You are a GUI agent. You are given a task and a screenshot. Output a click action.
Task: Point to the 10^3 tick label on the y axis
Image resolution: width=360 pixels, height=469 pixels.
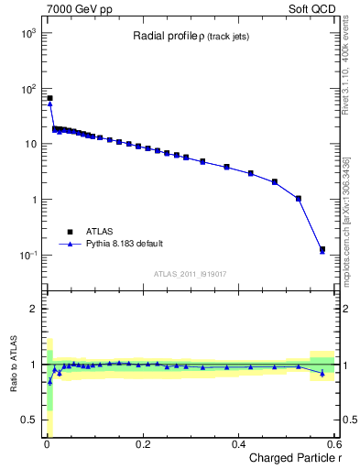coord(28,33)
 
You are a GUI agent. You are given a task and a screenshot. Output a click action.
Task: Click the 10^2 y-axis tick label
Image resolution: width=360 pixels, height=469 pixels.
coord(28,89)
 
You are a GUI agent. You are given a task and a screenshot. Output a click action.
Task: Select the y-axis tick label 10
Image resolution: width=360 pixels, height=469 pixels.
coord(30,145)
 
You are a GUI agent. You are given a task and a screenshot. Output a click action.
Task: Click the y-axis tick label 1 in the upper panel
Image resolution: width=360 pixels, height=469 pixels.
coord(33,200)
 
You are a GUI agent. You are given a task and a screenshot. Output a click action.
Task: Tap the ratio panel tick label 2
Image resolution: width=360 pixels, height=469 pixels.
coord(33,309)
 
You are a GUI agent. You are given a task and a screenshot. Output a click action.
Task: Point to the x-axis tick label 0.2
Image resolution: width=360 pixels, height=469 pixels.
coord(143,444)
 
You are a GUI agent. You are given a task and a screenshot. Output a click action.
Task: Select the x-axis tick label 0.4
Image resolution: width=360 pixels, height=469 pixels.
coord(239,444)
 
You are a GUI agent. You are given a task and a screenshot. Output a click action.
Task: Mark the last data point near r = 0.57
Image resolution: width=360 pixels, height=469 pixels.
coord(322,249)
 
